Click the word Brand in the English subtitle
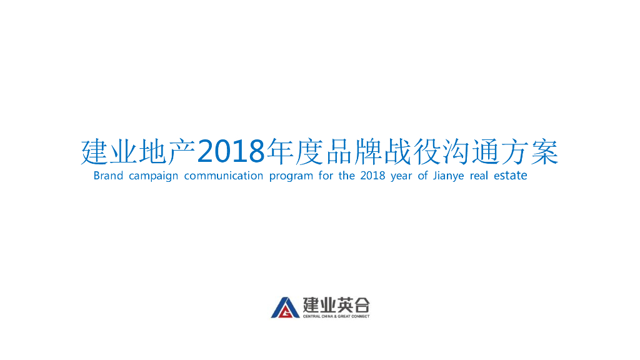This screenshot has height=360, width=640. (108, 176)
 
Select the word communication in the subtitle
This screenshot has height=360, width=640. (223, 176)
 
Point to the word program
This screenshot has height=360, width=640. (291, 176)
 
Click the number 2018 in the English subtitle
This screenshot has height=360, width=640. (372, 176)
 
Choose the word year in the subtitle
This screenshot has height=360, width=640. (401, 176)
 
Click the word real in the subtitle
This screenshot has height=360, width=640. (479, 176)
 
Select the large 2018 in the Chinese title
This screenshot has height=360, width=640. (231, 152)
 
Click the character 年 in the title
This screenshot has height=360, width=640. (280, 152)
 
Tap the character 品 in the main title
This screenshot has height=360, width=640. (341, 152)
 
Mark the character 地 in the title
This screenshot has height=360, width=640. (151, 152)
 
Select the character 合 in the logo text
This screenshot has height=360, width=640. (361, 305)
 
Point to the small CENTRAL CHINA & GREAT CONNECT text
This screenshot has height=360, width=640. (336, 316)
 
